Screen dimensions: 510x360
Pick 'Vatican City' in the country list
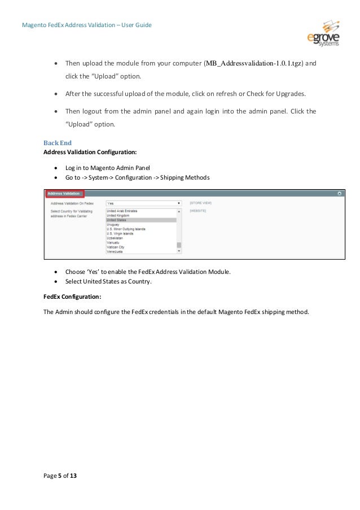click(x=115, y=246)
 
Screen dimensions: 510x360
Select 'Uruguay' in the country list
click(x=112, y=225)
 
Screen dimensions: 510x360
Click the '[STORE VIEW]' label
click(x=200, y=202)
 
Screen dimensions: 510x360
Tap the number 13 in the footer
click(x=73, y=477)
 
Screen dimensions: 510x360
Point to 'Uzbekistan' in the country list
click(x=114, y=238)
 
